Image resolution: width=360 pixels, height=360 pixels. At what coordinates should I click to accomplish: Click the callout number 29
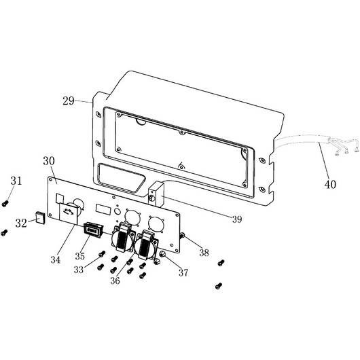[69, 101]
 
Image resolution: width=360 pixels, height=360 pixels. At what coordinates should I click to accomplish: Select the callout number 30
[49, 161]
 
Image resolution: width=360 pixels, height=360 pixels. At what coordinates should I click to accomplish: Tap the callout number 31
[16, 181]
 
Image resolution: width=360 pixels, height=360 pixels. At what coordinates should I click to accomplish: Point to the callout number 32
[21, 223]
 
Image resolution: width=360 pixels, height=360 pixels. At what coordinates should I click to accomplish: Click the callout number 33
[79, 270]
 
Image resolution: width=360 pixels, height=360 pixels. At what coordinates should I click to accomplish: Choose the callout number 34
[56, 260]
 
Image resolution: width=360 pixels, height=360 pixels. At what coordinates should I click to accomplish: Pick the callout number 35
[80, 256]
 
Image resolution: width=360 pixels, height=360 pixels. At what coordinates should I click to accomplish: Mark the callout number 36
[115, 281]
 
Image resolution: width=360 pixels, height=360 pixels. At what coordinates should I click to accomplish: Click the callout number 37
[183, 273]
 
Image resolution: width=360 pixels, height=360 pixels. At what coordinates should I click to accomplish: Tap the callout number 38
[204, 253]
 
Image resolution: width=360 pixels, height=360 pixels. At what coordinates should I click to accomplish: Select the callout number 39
[237, 219]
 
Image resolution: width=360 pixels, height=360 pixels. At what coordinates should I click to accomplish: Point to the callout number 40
[330, 184]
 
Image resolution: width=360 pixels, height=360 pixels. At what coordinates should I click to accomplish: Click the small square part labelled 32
[40, 217]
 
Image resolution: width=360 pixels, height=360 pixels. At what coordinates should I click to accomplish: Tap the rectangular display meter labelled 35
[93, 230]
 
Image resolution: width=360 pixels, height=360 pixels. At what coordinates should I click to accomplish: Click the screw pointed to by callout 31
[5, 203]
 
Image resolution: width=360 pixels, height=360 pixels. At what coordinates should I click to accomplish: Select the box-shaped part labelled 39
[156, 194]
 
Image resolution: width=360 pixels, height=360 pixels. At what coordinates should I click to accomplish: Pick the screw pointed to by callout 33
[102, 254]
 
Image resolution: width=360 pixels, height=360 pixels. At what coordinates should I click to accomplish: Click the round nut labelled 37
[162, 255]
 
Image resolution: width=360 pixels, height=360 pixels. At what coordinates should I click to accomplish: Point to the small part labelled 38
[182, 235]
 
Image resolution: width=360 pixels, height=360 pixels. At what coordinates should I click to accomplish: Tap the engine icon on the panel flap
[69, 211]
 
